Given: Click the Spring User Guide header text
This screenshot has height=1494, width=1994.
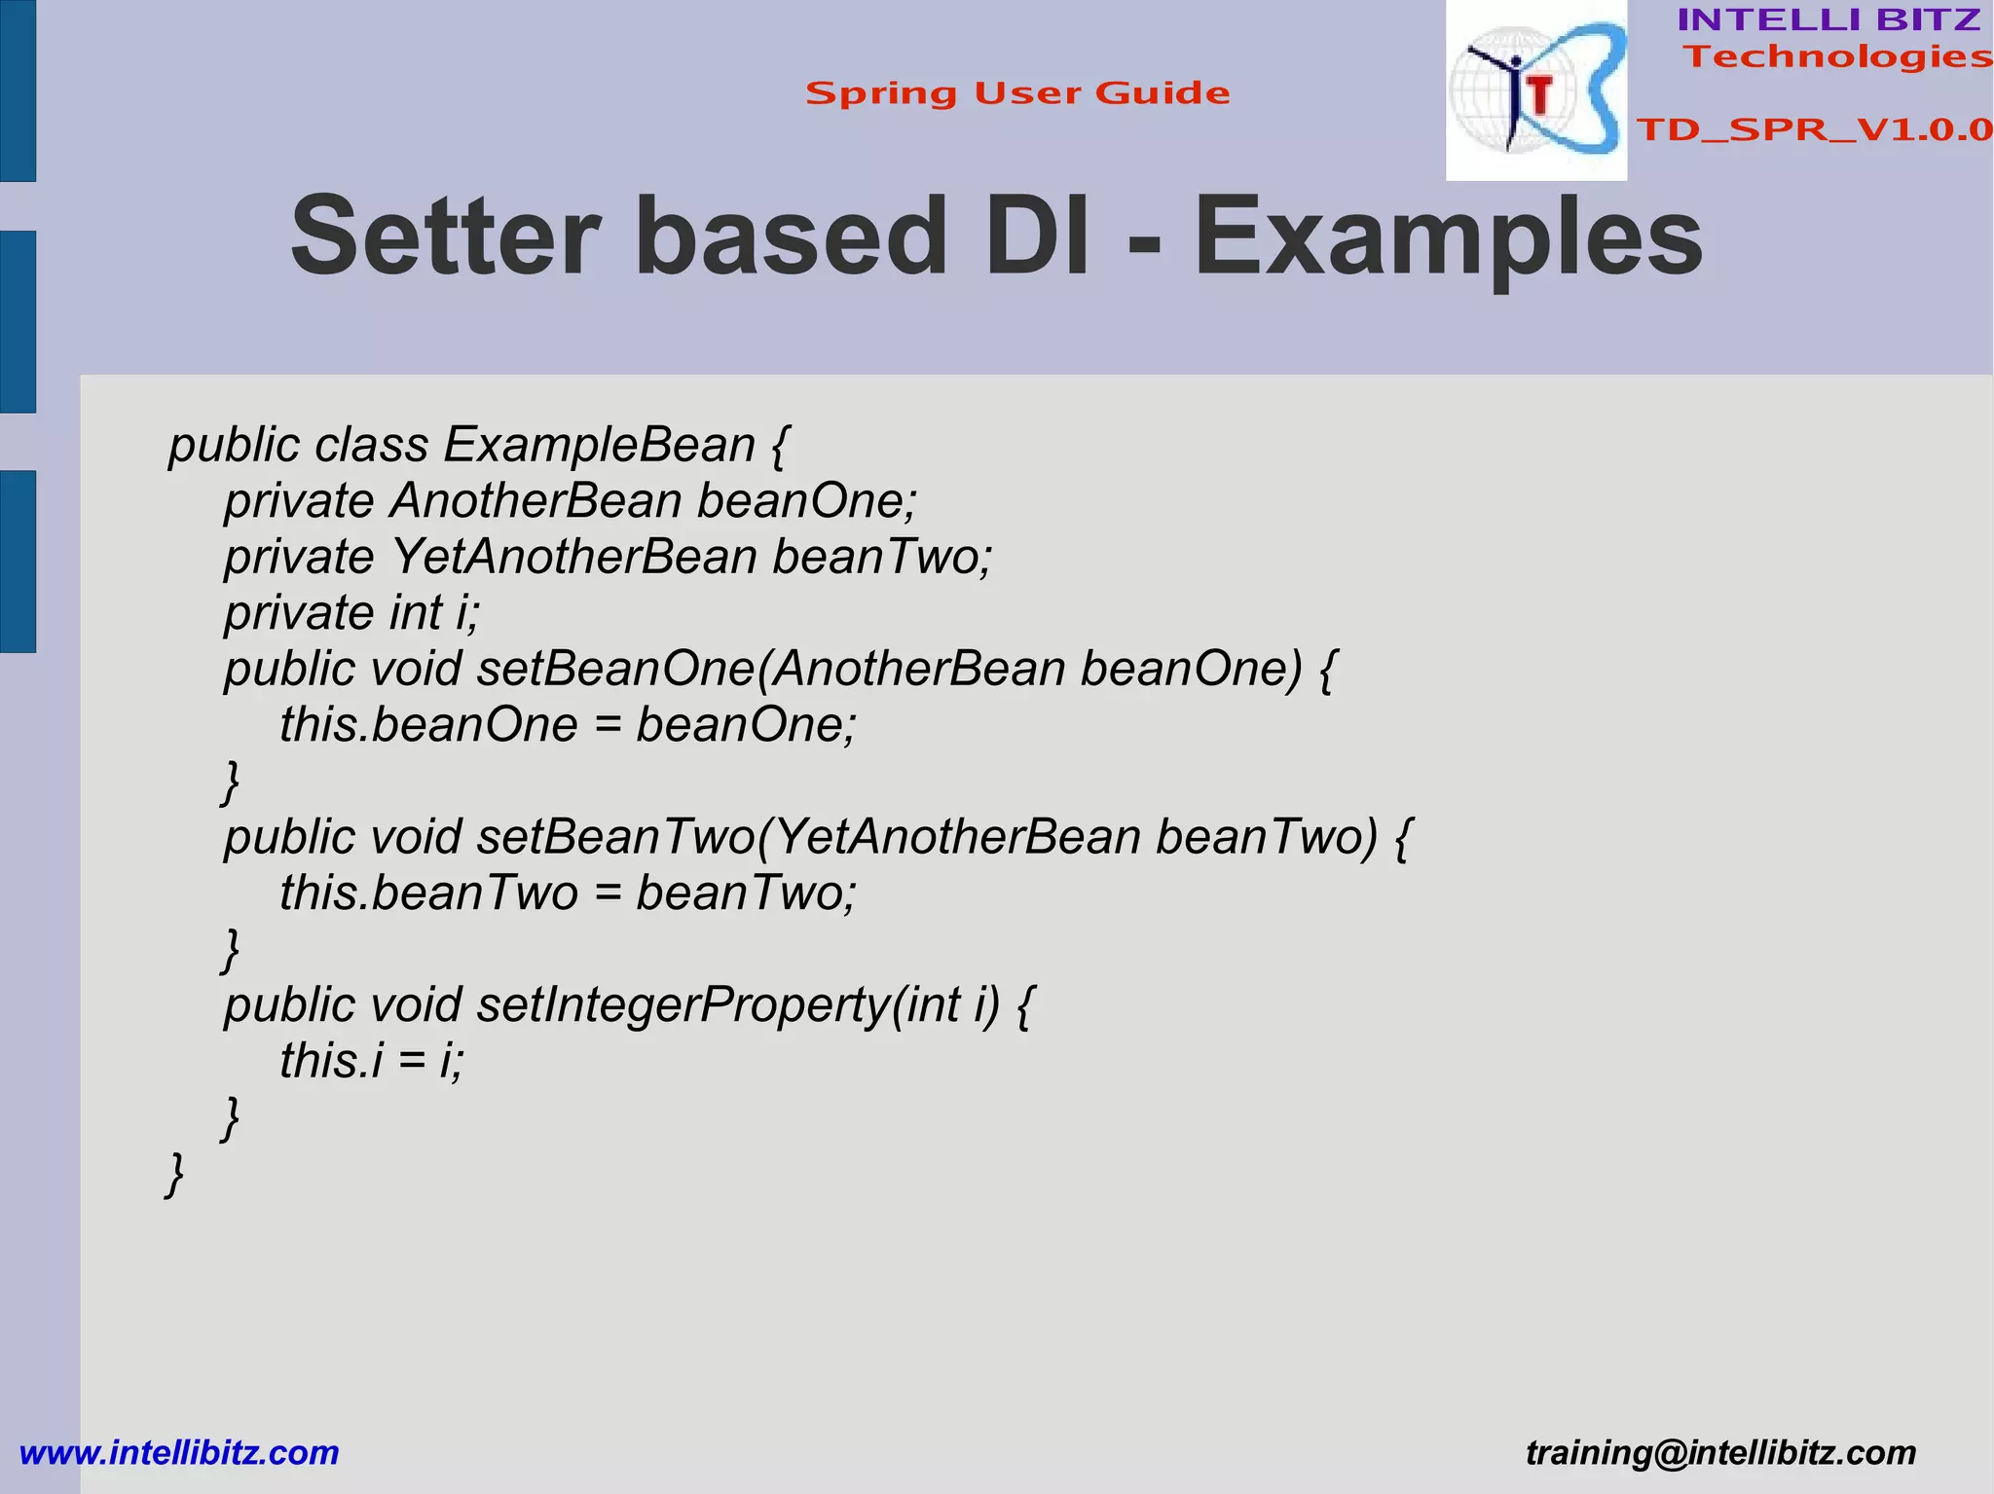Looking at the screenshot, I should click(x=1017, y=93).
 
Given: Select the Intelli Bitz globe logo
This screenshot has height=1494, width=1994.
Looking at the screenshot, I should click(x=1535, y=91).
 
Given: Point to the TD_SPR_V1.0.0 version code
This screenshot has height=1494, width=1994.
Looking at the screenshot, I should click(x=1814, y=129).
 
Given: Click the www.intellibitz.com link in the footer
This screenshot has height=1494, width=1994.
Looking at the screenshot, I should click(x=179, y=1453).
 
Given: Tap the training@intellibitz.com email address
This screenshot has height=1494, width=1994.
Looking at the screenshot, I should click(x=1720, y=1453).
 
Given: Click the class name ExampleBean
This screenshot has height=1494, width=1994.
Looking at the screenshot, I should click(x=600, y=445).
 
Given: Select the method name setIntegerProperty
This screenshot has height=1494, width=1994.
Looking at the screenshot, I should click(x=683, y=1004).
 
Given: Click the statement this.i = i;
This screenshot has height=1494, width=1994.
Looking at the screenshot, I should click(x=372, y=1061).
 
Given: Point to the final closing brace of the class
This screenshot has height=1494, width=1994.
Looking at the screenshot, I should click(x=175, y=1174).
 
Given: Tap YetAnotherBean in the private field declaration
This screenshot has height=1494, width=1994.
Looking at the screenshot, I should click(x=573, y=557).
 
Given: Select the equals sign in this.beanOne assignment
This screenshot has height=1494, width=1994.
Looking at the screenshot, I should click(x=607, y=726).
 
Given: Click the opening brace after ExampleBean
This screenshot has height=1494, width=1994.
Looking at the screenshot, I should click(x=779, y=447).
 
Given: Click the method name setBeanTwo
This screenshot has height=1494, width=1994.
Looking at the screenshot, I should click(x=615, y=837).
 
